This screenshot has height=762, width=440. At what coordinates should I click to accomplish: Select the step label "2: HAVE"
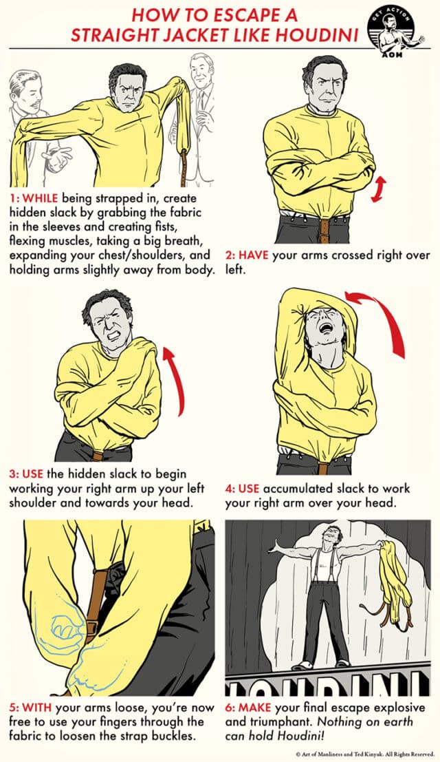pyautogui.click(x=247, y=255)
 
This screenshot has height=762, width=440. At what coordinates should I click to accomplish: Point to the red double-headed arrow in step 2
pyautogui.click(x=377, y=189)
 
